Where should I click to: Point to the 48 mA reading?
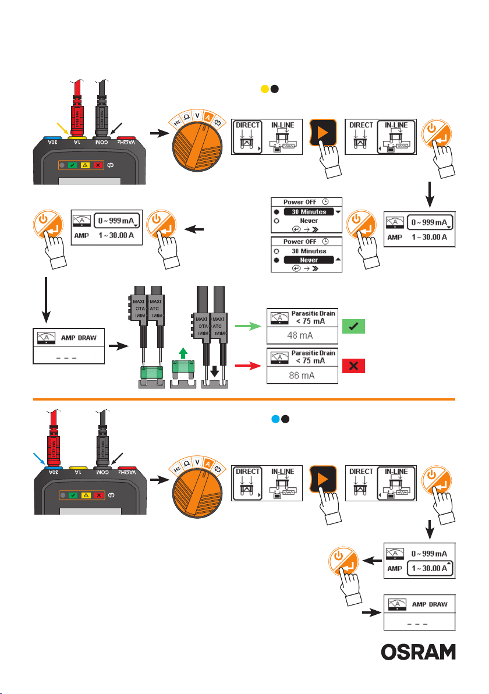pos(302,337)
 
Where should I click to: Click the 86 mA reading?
pos(302,376)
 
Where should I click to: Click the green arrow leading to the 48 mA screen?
pos(247,328)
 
